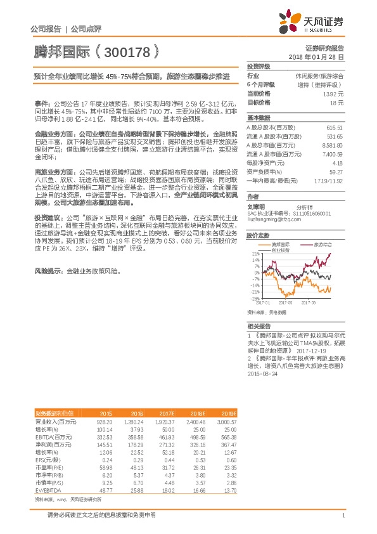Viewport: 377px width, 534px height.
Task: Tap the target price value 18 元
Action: tap(336, 101)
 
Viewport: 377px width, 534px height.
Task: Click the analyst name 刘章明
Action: tap(256, 207)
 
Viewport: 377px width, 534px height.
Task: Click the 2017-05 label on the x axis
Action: tap(284, 303)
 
